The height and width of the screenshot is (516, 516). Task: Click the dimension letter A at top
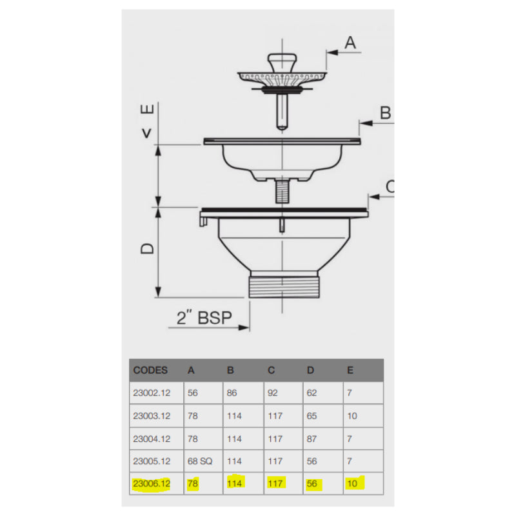(350, 43)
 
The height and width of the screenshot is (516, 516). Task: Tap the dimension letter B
(385, 113)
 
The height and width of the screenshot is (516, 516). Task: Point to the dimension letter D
(148, 248)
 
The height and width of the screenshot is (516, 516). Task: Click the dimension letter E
(148, 110)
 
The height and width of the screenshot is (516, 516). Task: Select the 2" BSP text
(204, 318)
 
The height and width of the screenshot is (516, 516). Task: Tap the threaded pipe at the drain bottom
(283, 285)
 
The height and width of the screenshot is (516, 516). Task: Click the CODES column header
(150, 370)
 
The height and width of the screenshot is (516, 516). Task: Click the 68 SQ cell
(199, 462)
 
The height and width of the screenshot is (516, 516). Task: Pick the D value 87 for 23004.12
(312, 439)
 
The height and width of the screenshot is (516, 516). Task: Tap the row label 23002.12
(150, 393)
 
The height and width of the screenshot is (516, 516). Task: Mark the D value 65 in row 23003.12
(312, 416)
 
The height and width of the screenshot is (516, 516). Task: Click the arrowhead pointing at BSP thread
(246, 328)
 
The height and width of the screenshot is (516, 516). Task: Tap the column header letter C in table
(271, 370)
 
